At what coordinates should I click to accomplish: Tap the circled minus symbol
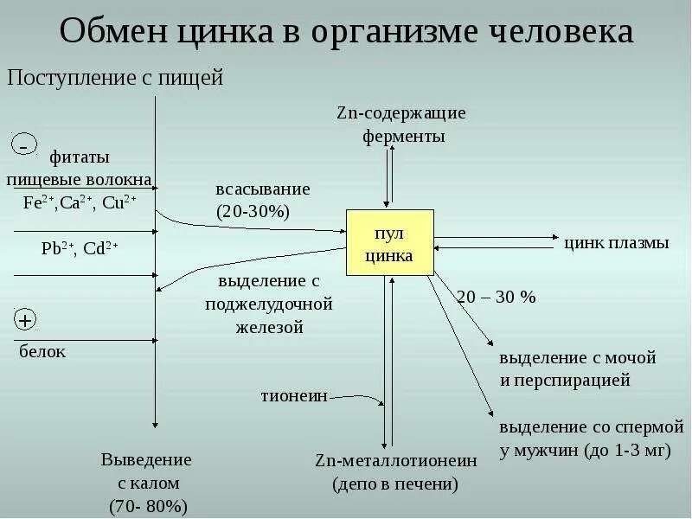pyautogui.click(x=24, y=144)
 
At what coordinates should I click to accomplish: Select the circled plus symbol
pyautogui.click(x=24, y=321)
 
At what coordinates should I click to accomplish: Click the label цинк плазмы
pyautogui.click(x=616, y=243)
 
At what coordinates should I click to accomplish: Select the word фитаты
pyautogui.click(x=79, y=159)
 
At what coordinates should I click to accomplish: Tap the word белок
pyautogui.click(x=42, y=351)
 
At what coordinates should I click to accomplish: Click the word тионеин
pyautogui.click(x=294, y=396)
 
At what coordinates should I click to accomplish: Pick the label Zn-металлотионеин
pyautogui.click(x=395, y=460)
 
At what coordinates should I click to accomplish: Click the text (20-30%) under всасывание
pyautogui.click(x=252, y=211)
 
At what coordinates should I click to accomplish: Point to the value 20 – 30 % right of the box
pyautogui.click(x=497, y=297)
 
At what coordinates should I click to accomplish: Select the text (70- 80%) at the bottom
pyautogui.click(x=148, y=505)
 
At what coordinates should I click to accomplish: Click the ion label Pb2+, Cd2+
pyautogui.click(x=80, y=249)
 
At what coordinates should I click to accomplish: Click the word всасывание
pyautogui.click(x=262, y=189)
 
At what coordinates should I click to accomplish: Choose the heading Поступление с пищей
pyautogui.click(x=115, y=79)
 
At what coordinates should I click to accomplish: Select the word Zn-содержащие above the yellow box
pyautogui.click(x=401, y=113)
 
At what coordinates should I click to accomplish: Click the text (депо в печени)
pyautogui.click(x=395, y=484)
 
